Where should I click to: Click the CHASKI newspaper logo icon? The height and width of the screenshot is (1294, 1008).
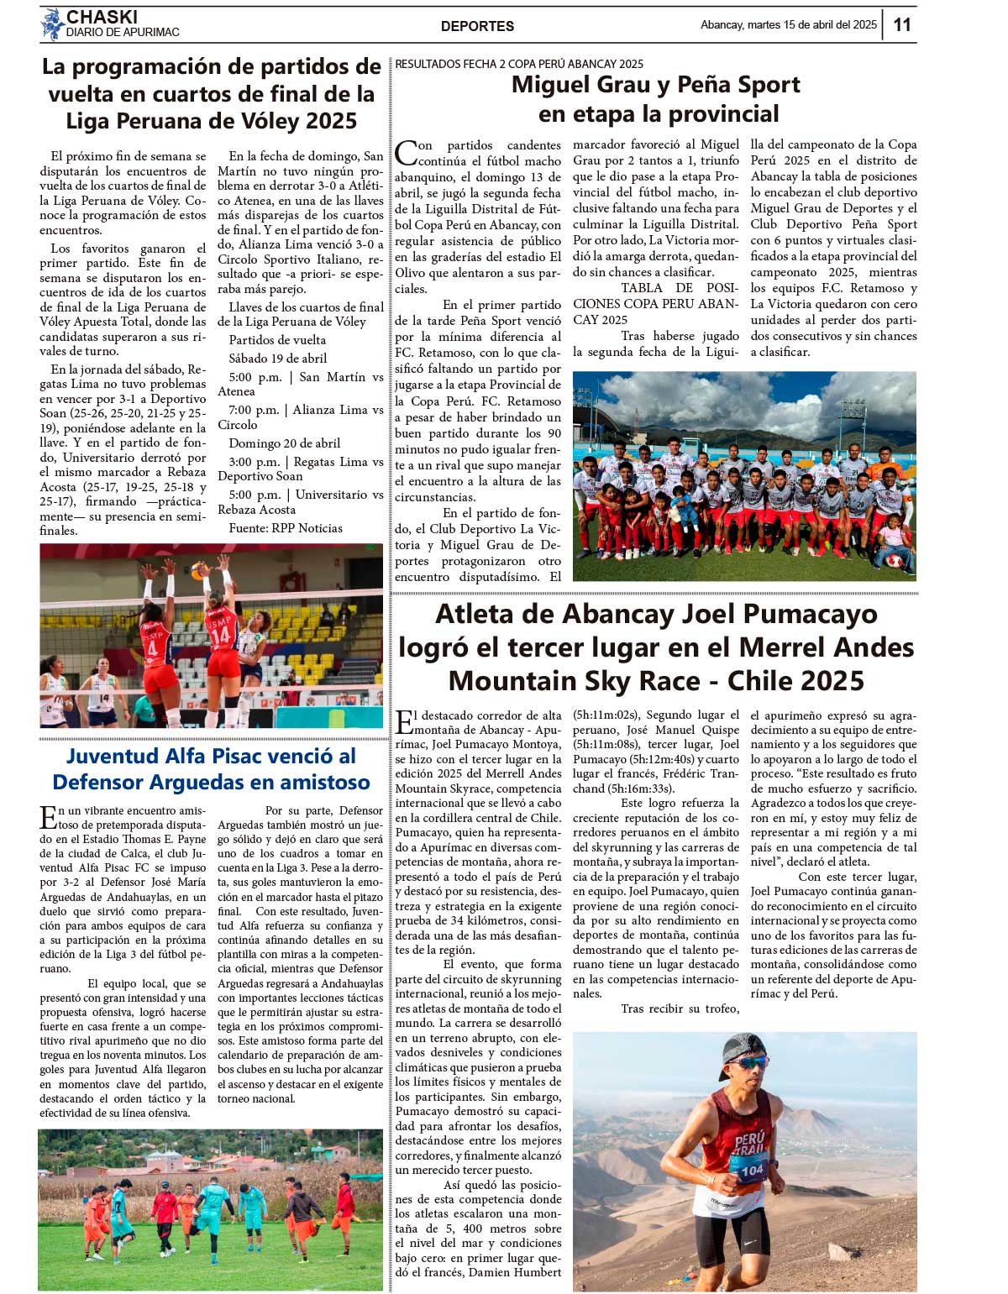coord(53,24)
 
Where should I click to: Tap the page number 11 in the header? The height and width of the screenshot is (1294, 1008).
coord(902,25)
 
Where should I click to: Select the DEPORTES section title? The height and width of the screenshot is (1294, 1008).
coord(477,26)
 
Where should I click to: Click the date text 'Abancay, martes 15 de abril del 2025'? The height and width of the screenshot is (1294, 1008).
coord(788,25)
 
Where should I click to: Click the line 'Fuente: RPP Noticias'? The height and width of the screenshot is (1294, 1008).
coord(286,528)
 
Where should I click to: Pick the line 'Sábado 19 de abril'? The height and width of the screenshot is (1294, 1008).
coord(278,359)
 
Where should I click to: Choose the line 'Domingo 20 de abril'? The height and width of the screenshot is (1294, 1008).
coord(285,443)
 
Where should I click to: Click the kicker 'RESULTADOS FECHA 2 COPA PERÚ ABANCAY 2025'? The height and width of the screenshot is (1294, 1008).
coord(519,64)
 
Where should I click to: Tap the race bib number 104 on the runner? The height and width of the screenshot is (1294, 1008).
coord(752,1170)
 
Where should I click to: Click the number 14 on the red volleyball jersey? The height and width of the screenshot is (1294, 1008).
coord(220,636)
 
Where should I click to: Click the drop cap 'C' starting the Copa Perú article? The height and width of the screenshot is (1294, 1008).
coord(406,153)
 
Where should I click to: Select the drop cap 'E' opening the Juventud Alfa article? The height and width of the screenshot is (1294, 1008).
coord(48,817)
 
